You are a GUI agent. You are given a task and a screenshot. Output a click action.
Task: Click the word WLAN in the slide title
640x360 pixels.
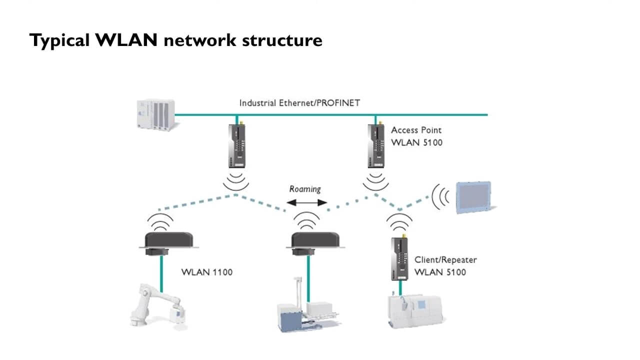pos(126,40)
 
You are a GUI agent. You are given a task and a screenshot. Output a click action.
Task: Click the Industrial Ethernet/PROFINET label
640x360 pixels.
pos(299,103)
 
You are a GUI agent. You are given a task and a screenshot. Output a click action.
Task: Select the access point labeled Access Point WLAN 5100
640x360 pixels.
pos(376,144)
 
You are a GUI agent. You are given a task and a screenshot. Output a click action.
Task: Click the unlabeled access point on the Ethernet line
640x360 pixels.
pos(236,144)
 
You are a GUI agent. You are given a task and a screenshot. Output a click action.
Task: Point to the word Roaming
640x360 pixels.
pos(305,189)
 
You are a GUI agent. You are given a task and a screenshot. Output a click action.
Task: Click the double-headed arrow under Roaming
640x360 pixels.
pos(306,203)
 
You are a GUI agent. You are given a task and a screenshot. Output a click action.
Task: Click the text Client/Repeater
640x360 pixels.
pos(445,259)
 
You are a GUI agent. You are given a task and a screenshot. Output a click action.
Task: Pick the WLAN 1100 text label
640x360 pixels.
pos(207,272)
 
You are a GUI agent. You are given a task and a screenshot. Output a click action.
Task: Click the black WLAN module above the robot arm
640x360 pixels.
pos(168,243)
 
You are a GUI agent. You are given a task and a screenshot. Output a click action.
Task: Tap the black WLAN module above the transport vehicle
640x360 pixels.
pos(315,243)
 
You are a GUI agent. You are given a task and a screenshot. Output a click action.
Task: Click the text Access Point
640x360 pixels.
pos(416,130)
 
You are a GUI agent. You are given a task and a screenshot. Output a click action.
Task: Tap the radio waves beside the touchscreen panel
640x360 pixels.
pos(440,197)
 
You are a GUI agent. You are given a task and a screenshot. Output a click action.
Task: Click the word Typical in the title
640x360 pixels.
pos(59,40)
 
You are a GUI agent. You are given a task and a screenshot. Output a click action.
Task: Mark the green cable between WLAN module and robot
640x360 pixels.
pos(161,273)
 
